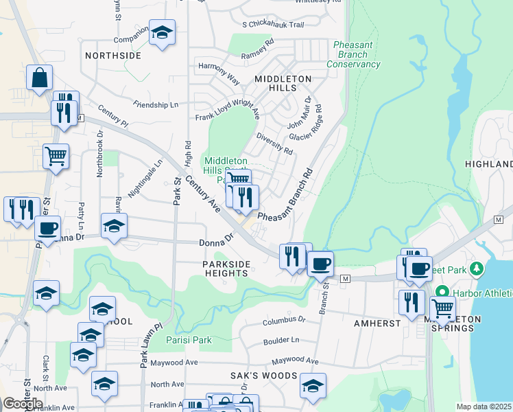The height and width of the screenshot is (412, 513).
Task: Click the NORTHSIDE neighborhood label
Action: click(112, 55)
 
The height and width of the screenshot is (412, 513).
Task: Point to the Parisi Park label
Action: click(189, 339)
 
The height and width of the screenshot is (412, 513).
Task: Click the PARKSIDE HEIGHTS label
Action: click(225, 268)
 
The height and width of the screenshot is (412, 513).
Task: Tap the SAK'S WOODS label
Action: click(264, 376)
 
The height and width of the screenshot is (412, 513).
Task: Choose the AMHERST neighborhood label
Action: click(372, 322)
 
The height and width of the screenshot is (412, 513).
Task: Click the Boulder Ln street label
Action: click(281, 340)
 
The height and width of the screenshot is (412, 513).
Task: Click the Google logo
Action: click(23, 403)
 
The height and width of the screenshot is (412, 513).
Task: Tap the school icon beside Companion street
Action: click(163, 32)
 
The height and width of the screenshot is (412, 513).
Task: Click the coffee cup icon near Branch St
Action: click(320, 262)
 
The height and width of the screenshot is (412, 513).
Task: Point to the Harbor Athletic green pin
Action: click(443, 291)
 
